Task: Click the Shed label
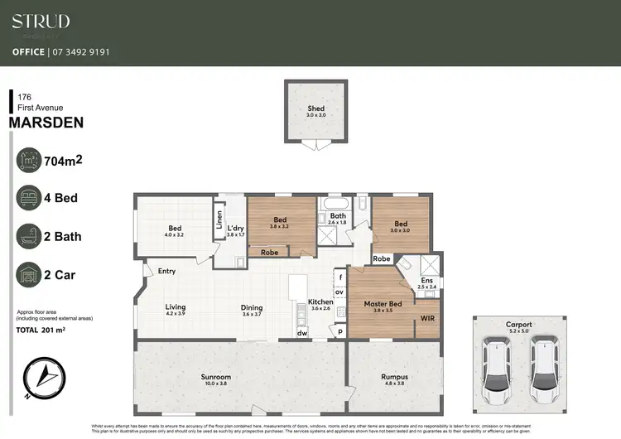(315, 109)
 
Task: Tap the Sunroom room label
(215, 376)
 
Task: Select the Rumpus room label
(394, 376)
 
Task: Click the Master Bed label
(383, 304)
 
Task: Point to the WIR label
(427, 317)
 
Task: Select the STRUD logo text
(41, 22)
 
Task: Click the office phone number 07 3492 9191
(80, 51)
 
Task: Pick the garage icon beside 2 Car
(30, 273)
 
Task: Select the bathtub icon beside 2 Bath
(30, 236)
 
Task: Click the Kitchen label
(320, 302)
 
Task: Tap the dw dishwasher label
(302, 333)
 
